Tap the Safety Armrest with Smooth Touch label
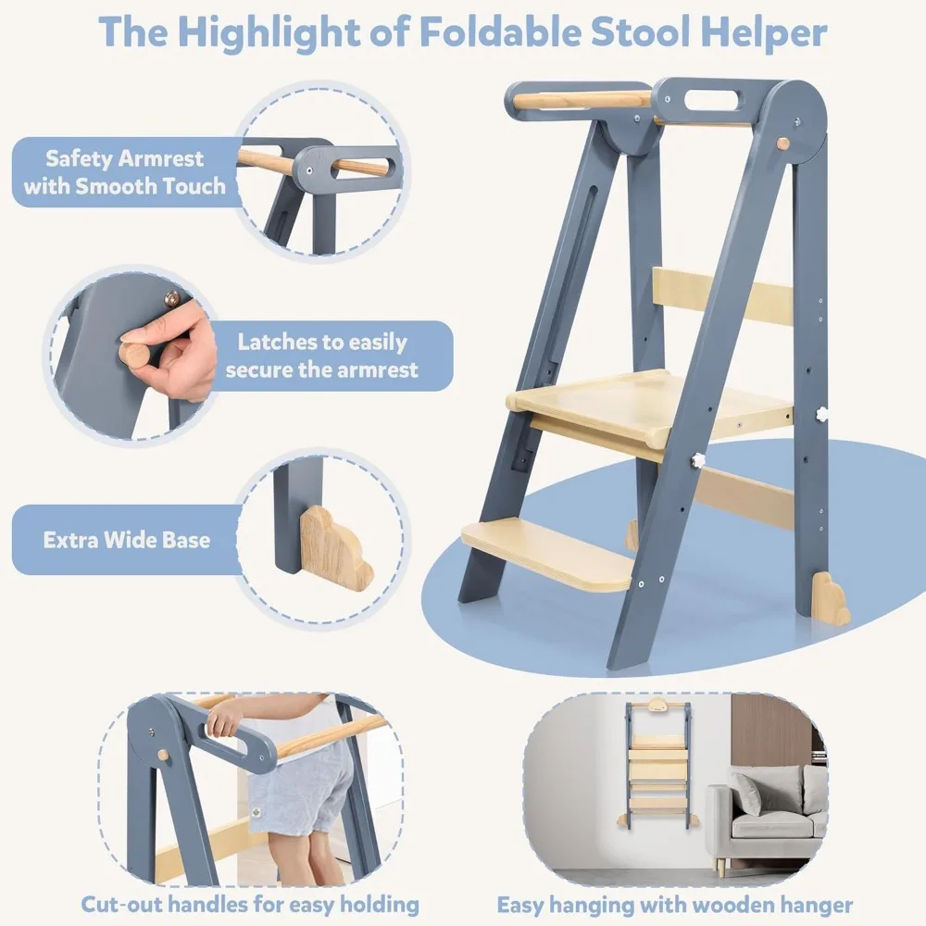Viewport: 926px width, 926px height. (x=125, y=172)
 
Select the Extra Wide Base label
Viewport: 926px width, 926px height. (x=127, y=539)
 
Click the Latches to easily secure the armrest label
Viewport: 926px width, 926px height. (x=322, y=356)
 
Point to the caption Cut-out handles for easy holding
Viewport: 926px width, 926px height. (x=250, y=904)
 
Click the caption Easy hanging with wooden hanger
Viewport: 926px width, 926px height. (x=674, y=904)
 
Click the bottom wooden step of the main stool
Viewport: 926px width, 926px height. (x=546, y=553)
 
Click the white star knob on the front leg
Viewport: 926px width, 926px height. (x=696, y=460)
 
